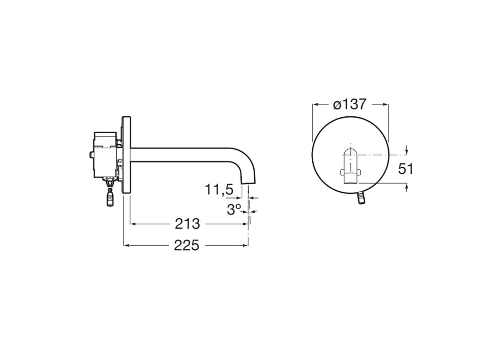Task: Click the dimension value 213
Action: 187,224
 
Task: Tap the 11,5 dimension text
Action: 219,190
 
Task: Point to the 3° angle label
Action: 234,209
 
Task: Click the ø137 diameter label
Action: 350,104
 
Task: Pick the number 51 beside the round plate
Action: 406,169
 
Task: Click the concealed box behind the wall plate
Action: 105,154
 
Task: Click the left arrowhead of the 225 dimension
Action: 126,245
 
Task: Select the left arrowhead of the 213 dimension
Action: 132,224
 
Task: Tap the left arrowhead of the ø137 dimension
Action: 315,104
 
